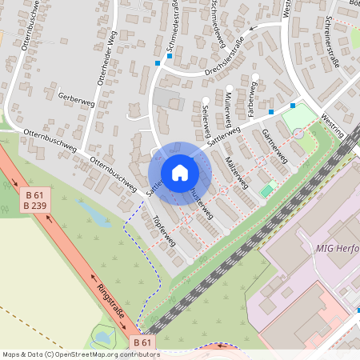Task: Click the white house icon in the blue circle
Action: point(180,172)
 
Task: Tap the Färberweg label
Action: point(252,96)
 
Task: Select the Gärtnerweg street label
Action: point(274,146)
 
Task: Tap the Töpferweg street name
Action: point(165,233)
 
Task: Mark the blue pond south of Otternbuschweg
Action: point(91,213)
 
